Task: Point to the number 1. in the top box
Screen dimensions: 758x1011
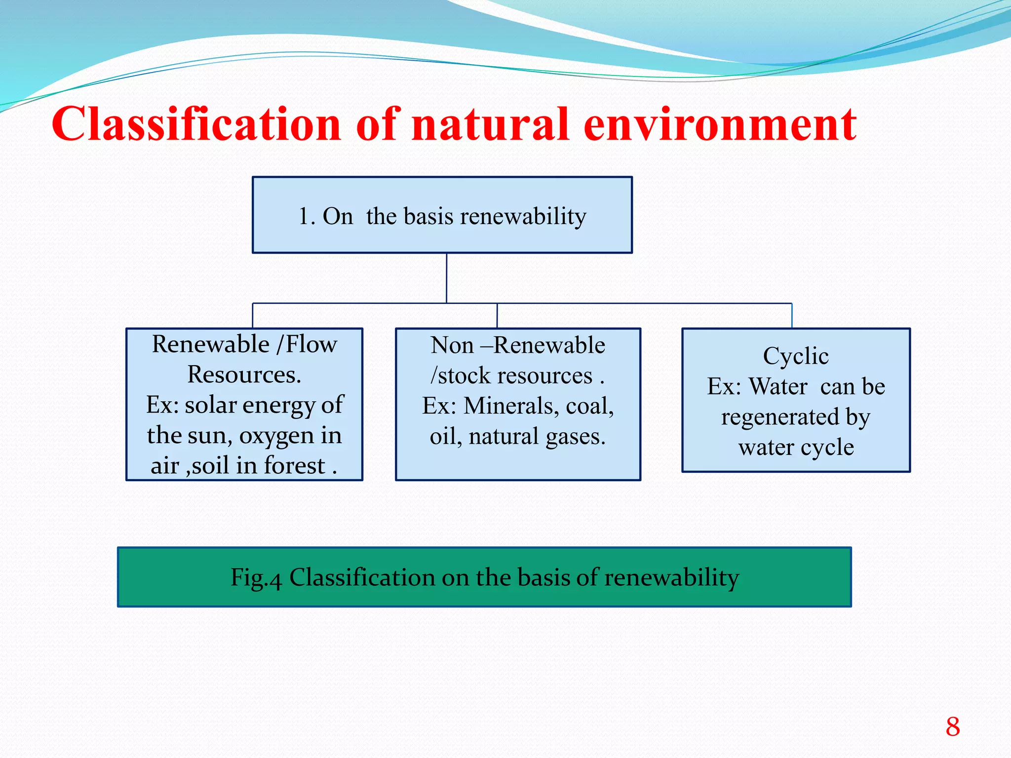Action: tap(307, 216)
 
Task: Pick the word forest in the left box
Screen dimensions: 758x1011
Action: tap(295, 466)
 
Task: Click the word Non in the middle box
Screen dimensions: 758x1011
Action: tap(452, 345)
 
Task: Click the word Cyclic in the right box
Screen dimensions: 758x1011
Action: tap(795, 356)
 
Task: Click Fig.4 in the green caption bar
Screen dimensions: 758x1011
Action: tap(256, 577)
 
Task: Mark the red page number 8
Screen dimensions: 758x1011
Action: tap(953, 726)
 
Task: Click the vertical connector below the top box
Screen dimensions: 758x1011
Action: tap(446, 278)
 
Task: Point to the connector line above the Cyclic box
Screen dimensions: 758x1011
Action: tap(792, 316)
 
